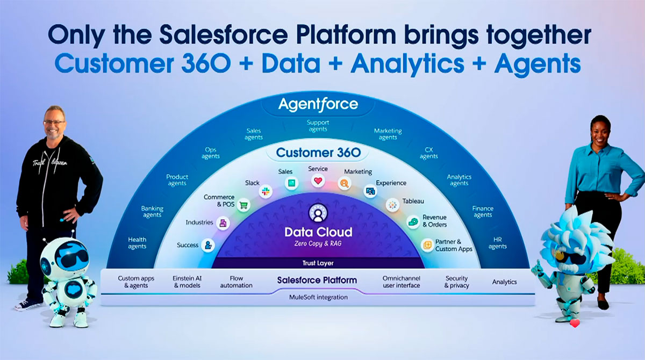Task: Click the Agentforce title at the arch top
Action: [x=318, y=104]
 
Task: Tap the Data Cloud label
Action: [x=318, y=232]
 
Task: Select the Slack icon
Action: [x=265, y=191]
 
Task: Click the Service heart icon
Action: [x=318, y=181]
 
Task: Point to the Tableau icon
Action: [x=392, y=205]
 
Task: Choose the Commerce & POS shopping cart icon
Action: [x=243, y=205]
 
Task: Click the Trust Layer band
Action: [x=318, y=263]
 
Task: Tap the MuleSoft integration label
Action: [x=318, y=297]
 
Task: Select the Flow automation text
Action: [x=236, y=282]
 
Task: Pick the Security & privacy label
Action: [x=456, y=282]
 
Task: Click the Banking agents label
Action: [x=152, y=212]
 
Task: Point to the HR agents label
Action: [x=497, y=243]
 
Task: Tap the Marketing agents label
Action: [x=388, y=134]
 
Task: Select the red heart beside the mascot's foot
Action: [x=575, y=323]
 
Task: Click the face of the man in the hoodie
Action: [x=54, y=121]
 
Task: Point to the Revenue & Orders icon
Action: [x=413, y=221]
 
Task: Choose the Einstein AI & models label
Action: [x=187, y=282]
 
